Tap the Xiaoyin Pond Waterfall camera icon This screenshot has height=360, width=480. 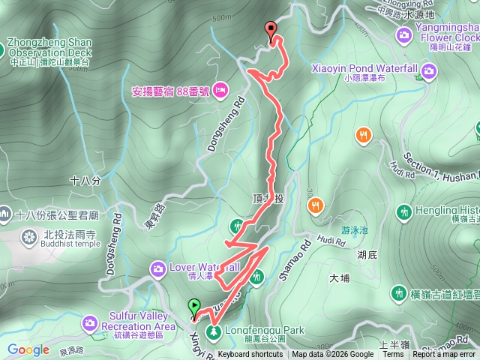click(x=428, y=71)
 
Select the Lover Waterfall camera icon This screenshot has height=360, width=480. click(x=157, y=267)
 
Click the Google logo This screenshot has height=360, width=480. click(x=28, y=349)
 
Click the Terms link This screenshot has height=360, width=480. click(x=393, y=355)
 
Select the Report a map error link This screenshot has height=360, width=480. click(x=443, y=355)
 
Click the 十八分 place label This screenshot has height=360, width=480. click(x=84, y=181)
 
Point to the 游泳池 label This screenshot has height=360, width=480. click(x=355, y=230)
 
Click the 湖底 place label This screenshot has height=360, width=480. click(x=367, y=255)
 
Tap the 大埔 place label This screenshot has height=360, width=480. click(x=339, y=277)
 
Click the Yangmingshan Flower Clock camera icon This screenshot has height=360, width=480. click(x=404, y=34)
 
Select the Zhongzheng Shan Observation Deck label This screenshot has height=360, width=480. click(x=49, y=47)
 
